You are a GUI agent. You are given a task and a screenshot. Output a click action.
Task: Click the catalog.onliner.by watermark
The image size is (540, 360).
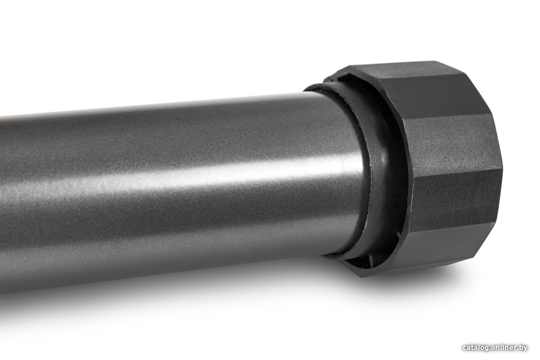coord(495,348)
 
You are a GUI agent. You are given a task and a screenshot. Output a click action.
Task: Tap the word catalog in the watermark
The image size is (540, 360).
coord(475,348)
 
